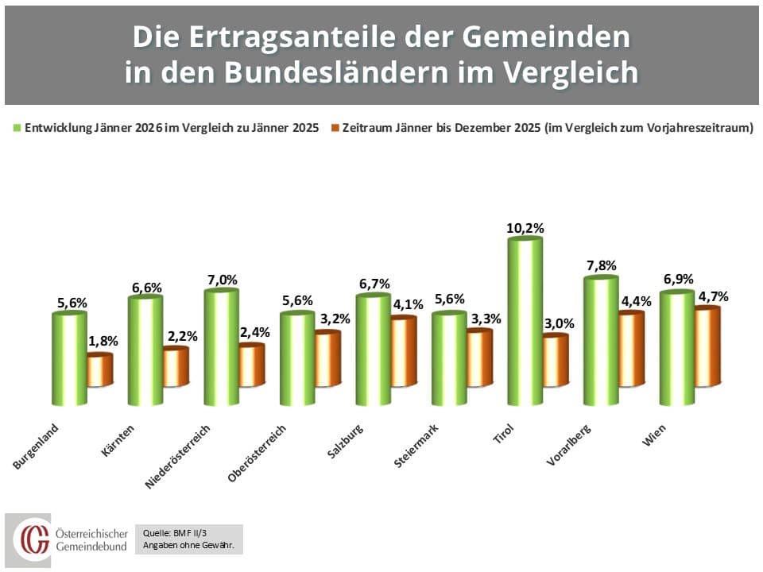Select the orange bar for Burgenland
click(100, 370)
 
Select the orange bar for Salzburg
click(403, 351)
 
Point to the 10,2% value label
click(525, 228)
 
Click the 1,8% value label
click(103, 341)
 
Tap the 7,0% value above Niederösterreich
click(221, 280)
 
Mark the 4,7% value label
click(711, 296)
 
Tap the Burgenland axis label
click(37, 447)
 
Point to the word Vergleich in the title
click(566, 72)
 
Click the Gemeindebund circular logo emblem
click(33, 539)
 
